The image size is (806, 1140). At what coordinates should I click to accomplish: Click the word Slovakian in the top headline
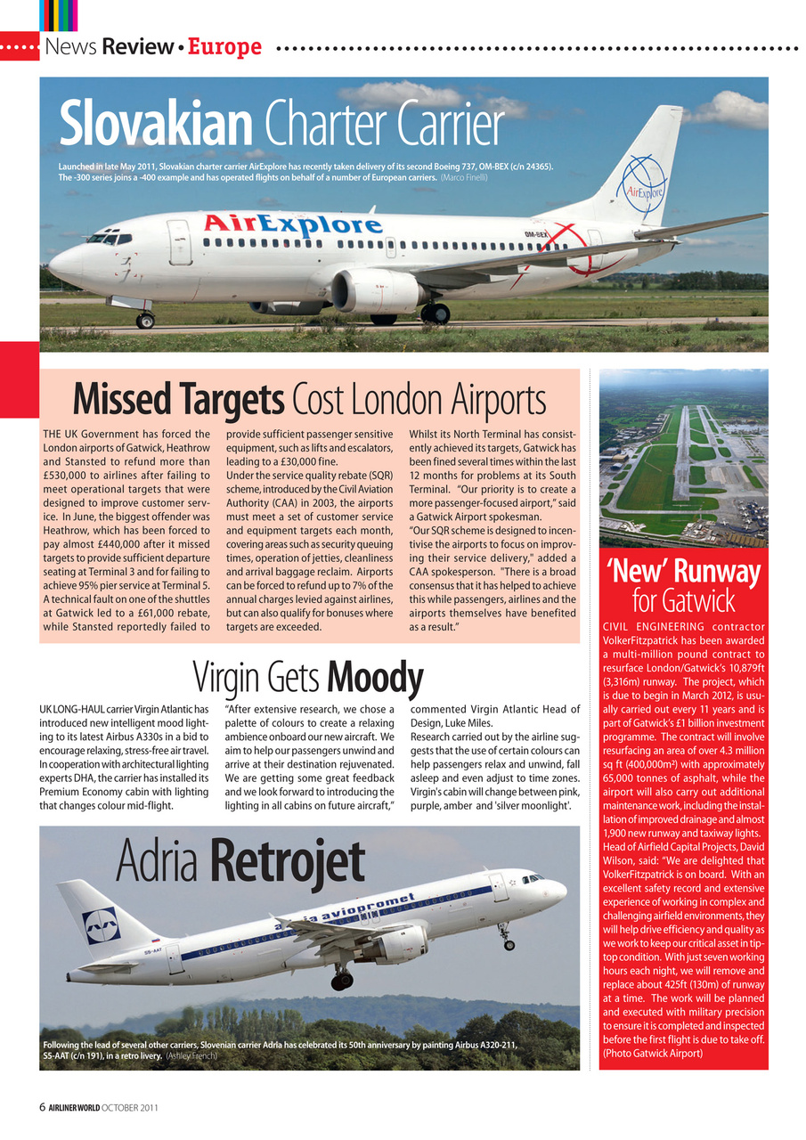click(157, 125)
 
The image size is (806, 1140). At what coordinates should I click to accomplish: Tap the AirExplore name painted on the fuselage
click(293, 223)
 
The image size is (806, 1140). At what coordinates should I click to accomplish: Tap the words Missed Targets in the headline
click(178, 400)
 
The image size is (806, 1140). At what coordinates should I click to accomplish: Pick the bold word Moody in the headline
click(374, 679)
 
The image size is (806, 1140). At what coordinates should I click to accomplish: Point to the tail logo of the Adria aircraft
click(101, 925)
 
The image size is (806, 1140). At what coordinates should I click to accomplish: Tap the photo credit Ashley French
click(191, 1055)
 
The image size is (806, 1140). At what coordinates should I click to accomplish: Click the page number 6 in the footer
click(43, 1107)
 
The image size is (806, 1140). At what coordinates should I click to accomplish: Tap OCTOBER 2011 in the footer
click(129, 1108)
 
